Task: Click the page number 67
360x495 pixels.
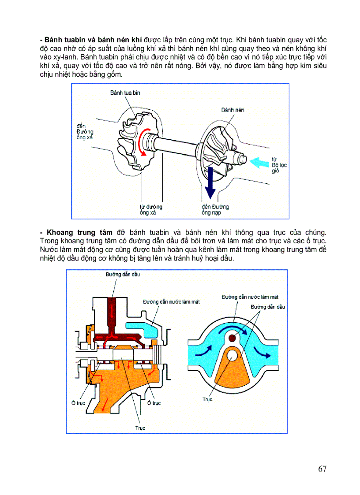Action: (x=322, y=469)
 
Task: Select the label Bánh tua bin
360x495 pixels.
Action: (x=125, y=93)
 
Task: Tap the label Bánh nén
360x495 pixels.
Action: (x=232, y=110)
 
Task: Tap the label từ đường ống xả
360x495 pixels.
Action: (x=148, y=210)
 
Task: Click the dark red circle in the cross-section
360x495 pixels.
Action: (x=232, y=338)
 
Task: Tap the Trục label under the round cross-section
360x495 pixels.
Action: (x=207, y=399)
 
